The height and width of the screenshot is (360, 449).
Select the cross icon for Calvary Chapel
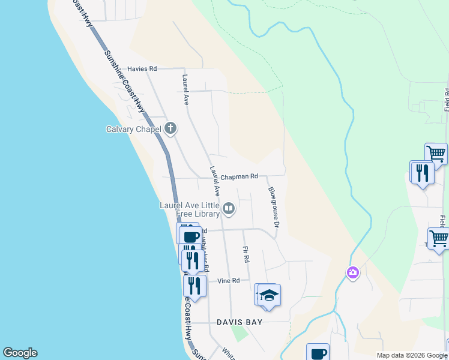tap(170, 128)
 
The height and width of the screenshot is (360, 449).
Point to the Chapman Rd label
tap(238, 177)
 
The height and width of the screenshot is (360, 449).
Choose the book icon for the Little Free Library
tap(229, 209)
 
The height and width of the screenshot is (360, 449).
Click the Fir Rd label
tap(246, 254)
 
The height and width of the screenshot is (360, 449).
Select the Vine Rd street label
tap(228, 281)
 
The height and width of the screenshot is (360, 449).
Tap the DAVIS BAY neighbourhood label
tap(240, 322)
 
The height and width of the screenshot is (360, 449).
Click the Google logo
tap(20, 353)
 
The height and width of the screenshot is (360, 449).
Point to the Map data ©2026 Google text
tap(411, 355)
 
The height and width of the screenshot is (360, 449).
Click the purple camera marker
tap(352, 273)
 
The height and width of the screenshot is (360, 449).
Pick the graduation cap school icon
tap(270, 295)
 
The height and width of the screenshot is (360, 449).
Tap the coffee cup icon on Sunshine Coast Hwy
tap(190, 236)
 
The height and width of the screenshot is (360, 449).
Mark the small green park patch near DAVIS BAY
tap(240, 334)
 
